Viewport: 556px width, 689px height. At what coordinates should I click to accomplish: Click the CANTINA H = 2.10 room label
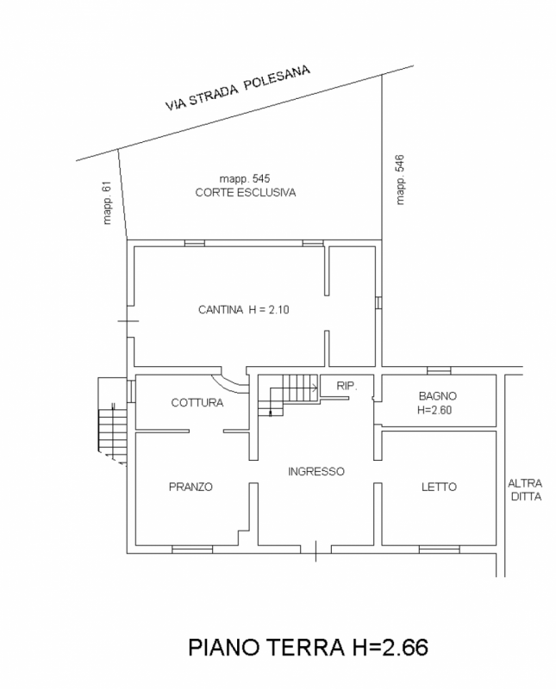[x=244, y=310]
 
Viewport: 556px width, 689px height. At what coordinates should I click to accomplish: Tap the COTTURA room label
[x=197, y=402]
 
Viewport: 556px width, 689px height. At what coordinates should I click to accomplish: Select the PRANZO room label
[x=191, y=487]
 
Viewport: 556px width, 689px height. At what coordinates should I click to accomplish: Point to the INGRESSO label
[x=316, y=471]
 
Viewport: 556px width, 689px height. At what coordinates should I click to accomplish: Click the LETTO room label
[x=439, y=487]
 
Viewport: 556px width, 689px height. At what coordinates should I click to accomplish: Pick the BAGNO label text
[x=438, y=396]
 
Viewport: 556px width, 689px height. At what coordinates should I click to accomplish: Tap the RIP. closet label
[x=347, y=386]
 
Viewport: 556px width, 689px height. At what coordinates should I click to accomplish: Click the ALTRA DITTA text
[x=525, y=490]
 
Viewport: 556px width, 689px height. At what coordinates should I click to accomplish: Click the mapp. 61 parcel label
[x=107, y=203]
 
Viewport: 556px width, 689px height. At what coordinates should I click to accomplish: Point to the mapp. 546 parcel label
[x=399, y=180]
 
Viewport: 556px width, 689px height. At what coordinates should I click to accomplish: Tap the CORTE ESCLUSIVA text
[x=246, y=192]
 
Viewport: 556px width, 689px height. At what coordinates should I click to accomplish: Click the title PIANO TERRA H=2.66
[x=308, y=648]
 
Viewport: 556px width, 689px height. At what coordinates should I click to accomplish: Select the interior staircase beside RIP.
[x=288, y=395]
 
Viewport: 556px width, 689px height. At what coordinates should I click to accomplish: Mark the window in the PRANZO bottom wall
[x=192, y=549]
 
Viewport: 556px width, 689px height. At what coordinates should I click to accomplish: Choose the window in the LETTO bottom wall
[x=440, y=549]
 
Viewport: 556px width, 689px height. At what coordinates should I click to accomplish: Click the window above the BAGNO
[x=439, y=370]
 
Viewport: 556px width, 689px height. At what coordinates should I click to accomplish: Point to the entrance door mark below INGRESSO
[x=315, y=550]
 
